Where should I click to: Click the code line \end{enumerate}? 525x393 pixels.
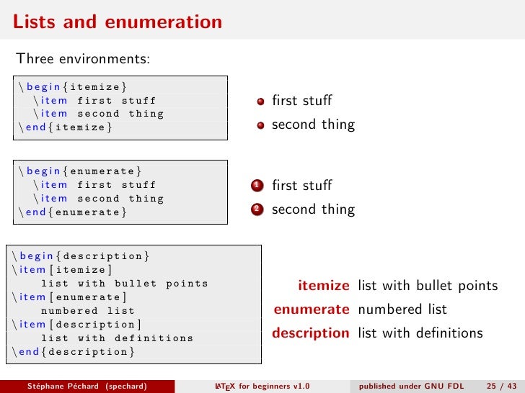(73, 212)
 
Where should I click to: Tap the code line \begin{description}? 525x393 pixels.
(81, 256)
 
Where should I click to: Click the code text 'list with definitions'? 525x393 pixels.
(117, 338)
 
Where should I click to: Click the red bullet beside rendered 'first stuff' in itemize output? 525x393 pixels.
(260, 101)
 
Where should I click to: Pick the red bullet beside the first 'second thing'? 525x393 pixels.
(260, 125)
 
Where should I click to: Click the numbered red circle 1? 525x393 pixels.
(257, 186)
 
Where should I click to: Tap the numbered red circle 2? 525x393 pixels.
(257, 209)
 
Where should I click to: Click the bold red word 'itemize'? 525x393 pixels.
(323, 286)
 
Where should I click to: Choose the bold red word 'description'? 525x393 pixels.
(310, 333)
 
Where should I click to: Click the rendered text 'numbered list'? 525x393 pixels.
(402, 310)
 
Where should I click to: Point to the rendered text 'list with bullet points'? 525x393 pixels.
(427, 286)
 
